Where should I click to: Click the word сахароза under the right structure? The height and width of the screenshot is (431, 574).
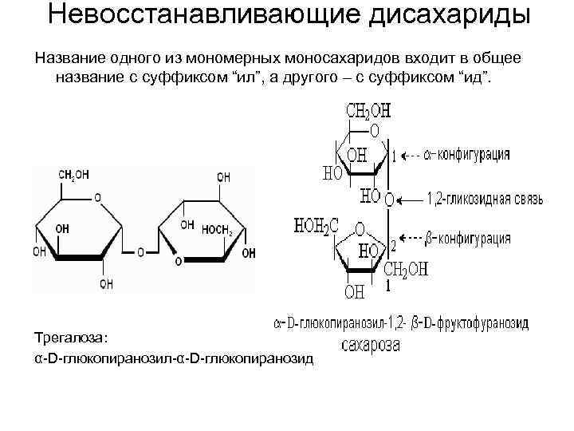point(371,346)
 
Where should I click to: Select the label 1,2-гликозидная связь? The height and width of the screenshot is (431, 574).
point(486,196)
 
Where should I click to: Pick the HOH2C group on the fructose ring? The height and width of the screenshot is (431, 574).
point(316,226)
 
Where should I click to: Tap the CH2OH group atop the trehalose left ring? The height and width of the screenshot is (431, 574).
point(74,175)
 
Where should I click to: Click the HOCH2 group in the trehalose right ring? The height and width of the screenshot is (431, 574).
point(215,231)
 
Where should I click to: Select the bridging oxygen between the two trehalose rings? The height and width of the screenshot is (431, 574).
point(140,252)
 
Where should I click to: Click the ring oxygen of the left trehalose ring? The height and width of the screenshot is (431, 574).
point(97,196)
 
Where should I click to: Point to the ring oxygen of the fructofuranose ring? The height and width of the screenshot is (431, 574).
point(360,228)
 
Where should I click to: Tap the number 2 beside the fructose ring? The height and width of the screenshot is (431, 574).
point(392,244)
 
